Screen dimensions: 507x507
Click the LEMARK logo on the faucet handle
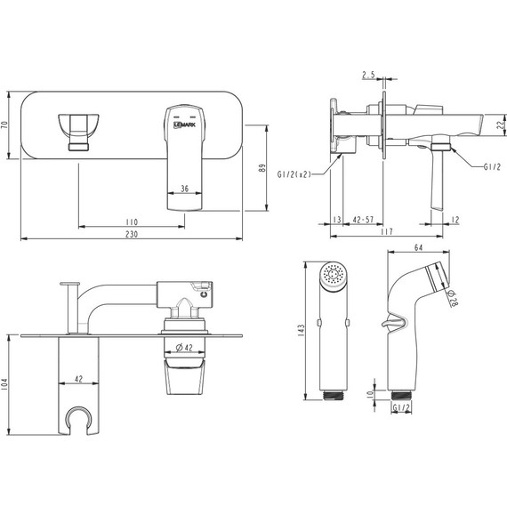[185, 125]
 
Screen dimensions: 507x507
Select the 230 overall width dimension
[132, 234]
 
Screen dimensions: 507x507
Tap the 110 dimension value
[132, 222]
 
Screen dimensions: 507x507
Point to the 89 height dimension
[262, 168]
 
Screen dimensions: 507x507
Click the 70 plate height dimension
[4, 125]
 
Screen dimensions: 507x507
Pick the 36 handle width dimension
[185, 189]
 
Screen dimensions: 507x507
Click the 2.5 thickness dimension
[368, 75]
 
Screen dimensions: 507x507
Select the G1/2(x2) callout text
[294, 174]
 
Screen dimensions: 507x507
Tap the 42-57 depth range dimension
[363, 220]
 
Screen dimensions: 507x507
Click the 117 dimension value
[387, 231]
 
